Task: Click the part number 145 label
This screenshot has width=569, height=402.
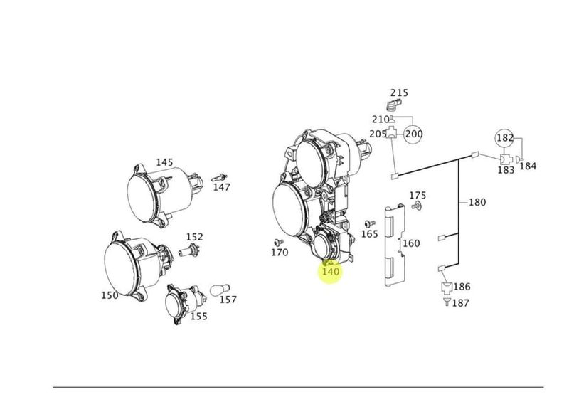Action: pos(164,162)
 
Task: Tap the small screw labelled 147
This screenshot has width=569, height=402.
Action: pos(219,178)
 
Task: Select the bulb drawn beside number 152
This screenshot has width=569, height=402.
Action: pos(189,250)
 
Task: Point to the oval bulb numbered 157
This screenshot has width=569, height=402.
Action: pos(220,290)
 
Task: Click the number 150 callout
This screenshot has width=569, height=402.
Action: pos(110,295)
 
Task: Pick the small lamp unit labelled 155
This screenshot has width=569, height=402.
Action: pos(185,302)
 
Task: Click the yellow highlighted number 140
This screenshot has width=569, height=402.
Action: pos(331,271)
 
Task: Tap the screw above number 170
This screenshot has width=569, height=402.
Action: pos(279,242)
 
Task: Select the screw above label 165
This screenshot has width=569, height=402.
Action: pos(370,222)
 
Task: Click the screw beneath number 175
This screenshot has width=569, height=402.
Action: pos(416,206)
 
